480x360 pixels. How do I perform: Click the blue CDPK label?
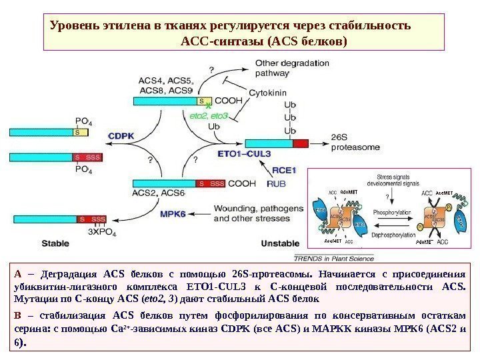click(x=121, y=135)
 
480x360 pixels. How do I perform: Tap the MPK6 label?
click(x=172, y=213)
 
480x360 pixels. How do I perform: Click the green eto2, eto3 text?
click(x=209, y=115)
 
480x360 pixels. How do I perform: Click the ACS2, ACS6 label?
click(x=158, y=193)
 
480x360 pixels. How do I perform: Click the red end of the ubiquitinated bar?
click(x=301, y=143)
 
